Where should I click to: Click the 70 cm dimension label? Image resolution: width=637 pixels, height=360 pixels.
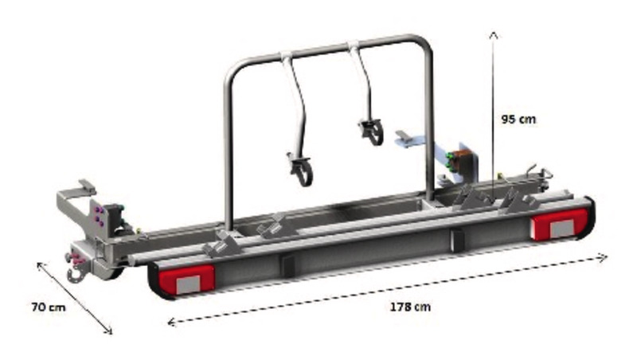tap(49, 306)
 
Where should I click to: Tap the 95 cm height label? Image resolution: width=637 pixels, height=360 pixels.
tap(518, 119)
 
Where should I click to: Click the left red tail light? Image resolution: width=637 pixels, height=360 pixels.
tap(181, 278)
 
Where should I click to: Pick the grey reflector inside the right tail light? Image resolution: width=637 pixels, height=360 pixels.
tap(561, 228)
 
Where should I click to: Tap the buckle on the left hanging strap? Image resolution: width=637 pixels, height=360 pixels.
tap(299, 170)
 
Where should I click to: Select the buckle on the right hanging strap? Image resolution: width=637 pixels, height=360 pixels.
tap(371, 131)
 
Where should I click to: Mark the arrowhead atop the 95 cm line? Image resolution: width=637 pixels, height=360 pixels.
tap(493, 36)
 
